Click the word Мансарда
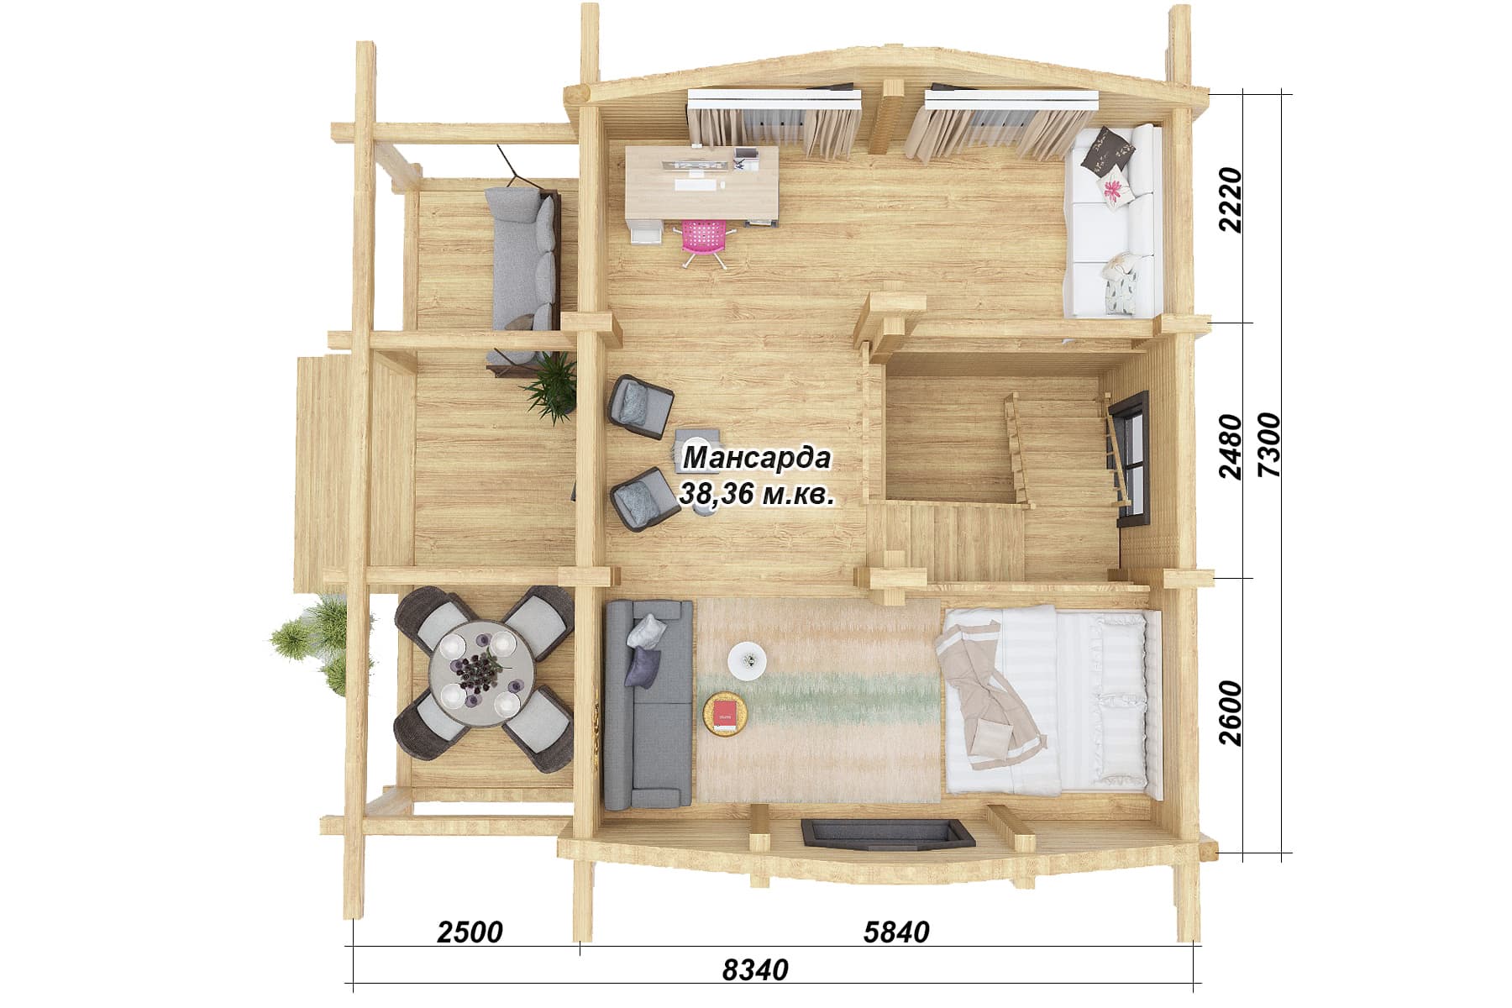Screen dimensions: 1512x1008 (x=757, y=459)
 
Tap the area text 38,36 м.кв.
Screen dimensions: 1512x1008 (x=757, y=494)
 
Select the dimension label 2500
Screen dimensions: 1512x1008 (x=470, y=932)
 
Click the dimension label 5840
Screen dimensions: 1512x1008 (x=896, y=932)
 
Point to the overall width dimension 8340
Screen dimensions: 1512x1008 (x=755, y=969)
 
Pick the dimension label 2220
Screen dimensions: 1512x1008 (x=1231, y=200)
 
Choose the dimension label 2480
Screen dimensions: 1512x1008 (x=1231, y=446)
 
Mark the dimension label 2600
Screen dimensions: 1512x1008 (x=1231, y=712)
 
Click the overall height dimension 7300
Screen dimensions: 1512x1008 (x=1269, y=445)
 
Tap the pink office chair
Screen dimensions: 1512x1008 (x=704, y=239)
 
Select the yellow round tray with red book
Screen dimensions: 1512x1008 (x=724, y=715)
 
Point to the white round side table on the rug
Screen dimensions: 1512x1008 (x=747, y=660)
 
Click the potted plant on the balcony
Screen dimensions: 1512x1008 (x=552, y=387)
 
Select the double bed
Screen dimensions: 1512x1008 (x=1047, y=700)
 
